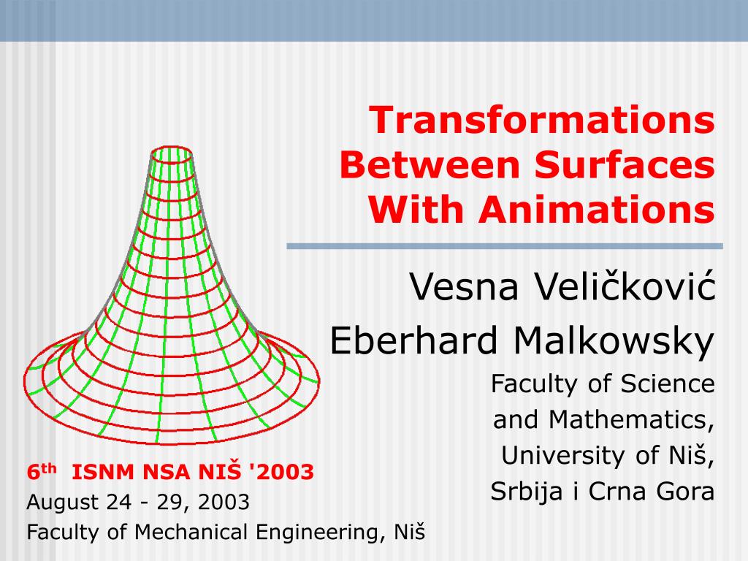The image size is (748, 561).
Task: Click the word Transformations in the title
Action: [541, 121]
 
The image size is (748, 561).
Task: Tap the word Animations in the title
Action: [597, 211]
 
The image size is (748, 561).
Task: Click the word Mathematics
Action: [632, 419]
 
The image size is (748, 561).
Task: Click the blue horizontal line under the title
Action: [504, 246]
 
